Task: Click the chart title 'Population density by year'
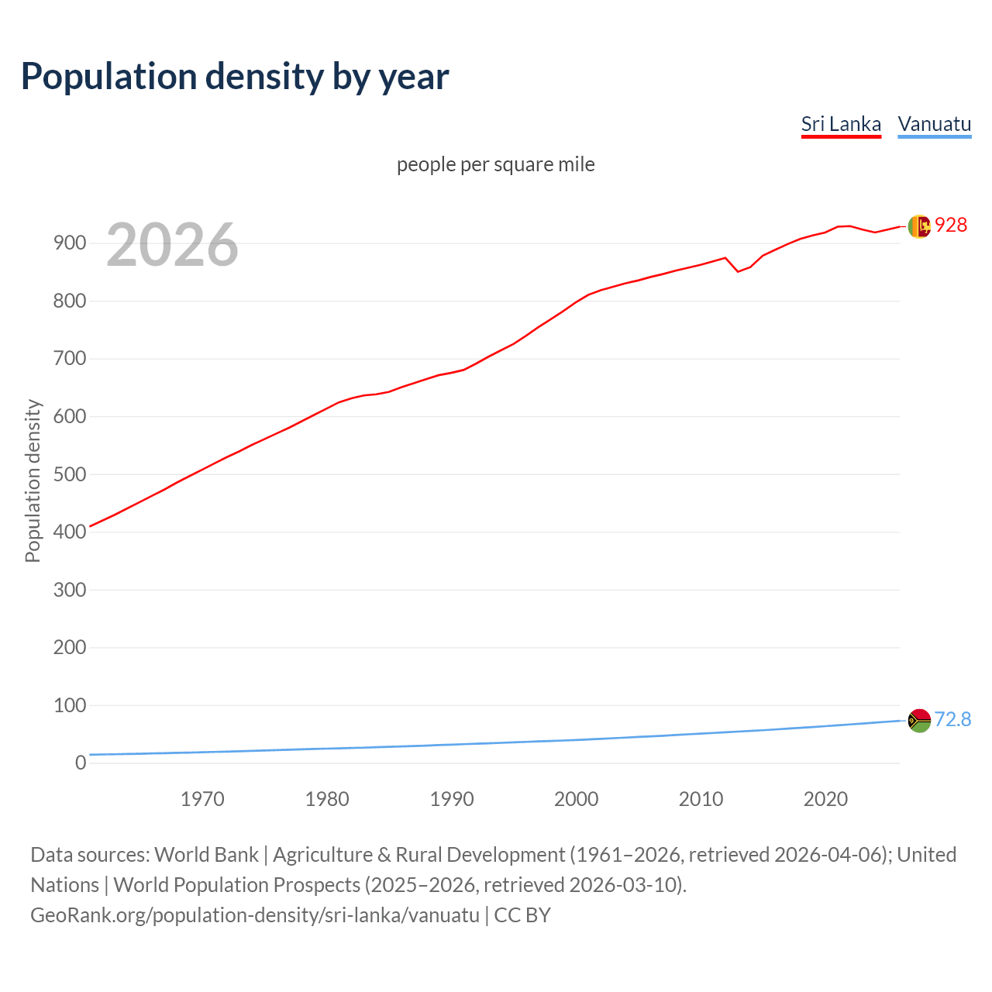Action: coord(235,76)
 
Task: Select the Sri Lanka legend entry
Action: coord(841,124)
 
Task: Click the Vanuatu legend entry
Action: coord(934,124)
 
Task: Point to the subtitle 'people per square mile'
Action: coord(496,164)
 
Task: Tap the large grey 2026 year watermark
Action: coord(172,245)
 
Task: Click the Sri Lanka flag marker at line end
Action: coord(918,226)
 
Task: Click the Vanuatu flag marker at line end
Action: coord(918,721)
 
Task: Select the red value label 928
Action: coord(951,225)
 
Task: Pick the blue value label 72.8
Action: coord(952,719)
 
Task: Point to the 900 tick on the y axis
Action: coord(69,243)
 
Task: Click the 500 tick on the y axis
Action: coord(69,474)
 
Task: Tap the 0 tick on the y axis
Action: coord(81,763)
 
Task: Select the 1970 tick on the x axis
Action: coord(202,799)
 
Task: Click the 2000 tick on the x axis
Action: coord(576,799)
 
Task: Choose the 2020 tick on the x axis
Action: coord(825,799)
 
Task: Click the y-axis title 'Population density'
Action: coord(33,480)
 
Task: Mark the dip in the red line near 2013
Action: coord(738,271)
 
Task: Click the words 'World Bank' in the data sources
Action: coord(206,854)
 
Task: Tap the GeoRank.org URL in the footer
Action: coord(255,914)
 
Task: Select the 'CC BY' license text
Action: coord(522,914)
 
